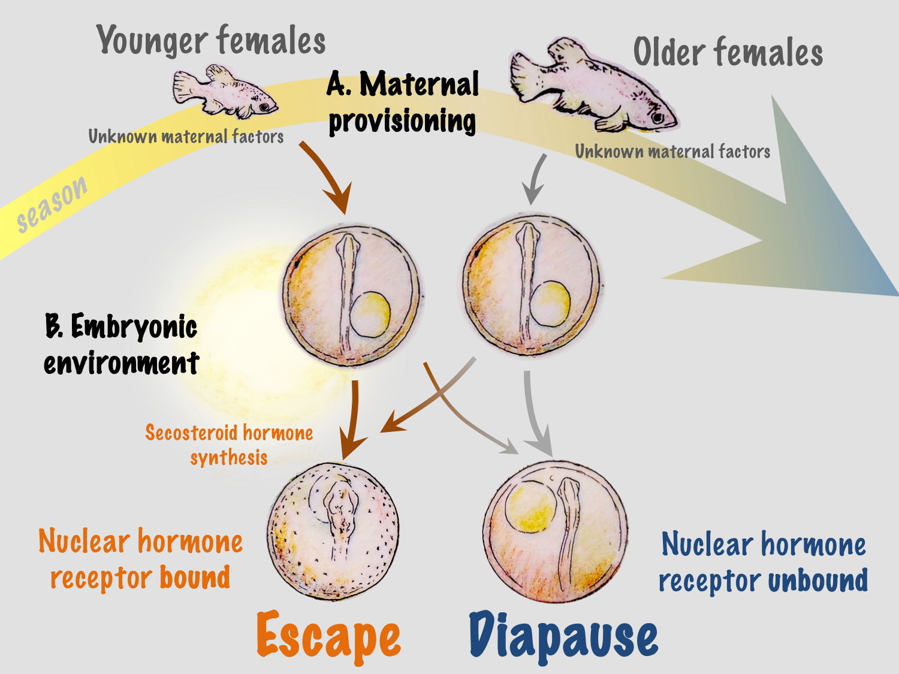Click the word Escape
[x=328, y=636]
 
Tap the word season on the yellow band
[x=52, y=204]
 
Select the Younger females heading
[x=211, y=41]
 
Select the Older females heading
[x=728, y=53]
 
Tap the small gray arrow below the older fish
[x=535, y=180]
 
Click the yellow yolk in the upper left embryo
[x=370, y=313]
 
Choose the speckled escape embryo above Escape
[x=333, y=530]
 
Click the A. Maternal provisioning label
[x=403, y=102]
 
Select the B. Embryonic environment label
[x=121, y=344]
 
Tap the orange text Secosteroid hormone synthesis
[x=229, y=445]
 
